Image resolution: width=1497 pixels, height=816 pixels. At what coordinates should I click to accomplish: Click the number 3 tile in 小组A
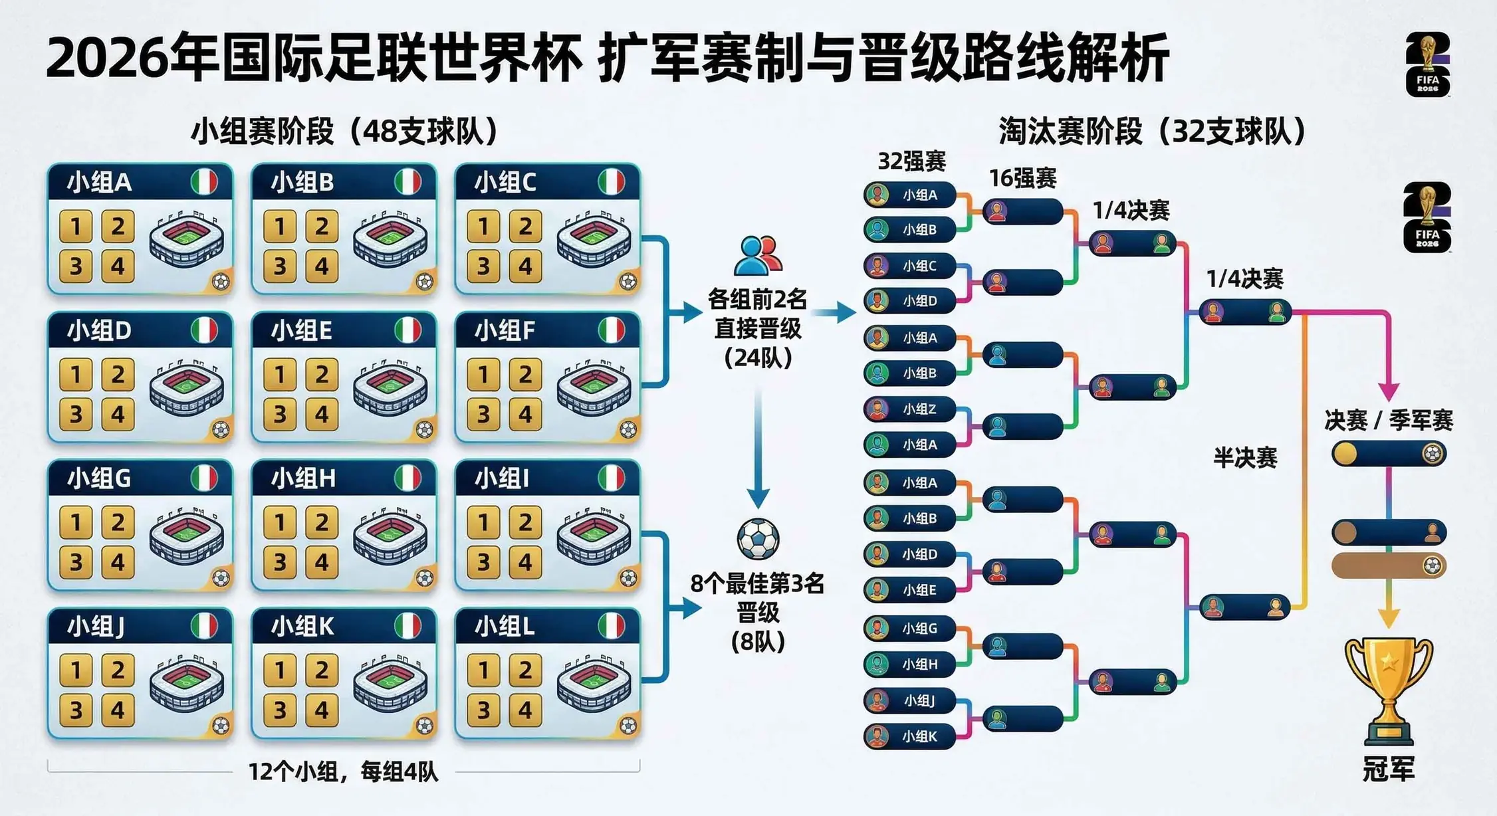coord(76,266)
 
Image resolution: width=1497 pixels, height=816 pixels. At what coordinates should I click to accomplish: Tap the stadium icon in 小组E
coord(390,389)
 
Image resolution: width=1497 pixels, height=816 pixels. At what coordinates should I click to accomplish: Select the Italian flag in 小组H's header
coord(407,478)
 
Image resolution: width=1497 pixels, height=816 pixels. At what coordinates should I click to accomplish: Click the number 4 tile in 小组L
coord(525,710)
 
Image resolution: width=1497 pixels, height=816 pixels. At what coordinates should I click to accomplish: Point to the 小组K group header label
coord(302,626)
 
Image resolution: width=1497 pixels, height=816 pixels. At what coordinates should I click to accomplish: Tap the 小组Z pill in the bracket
coord(911,409)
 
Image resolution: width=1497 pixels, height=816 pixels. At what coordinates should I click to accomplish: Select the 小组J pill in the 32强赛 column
coord(911,700)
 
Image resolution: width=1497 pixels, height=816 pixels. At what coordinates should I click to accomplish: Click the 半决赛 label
coord(1245,458)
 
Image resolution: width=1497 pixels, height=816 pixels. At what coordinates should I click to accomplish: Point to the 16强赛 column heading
coord(1022,178)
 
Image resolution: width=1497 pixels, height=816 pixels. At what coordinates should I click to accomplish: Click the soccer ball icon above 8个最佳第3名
coord(758,539)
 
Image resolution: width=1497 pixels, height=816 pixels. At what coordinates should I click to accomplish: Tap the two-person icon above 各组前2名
coord(758,256)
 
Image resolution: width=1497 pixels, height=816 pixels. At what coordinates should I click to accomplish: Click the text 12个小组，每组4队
coord(343,772)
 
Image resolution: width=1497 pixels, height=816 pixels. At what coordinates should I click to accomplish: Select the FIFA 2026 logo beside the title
coord(1427,65)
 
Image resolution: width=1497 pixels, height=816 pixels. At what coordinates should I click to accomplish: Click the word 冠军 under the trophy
coord(1389,769)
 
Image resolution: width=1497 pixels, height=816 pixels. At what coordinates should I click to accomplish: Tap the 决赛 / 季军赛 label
coord(1389,420)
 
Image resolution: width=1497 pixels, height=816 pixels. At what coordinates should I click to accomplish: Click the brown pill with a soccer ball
coord(1389,565)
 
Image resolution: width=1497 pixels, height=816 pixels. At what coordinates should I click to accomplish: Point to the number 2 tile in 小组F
coord(525,375)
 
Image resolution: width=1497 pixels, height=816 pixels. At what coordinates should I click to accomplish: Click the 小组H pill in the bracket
coord(911,664)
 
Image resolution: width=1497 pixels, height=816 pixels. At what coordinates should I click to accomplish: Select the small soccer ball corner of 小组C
coord(628,282)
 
